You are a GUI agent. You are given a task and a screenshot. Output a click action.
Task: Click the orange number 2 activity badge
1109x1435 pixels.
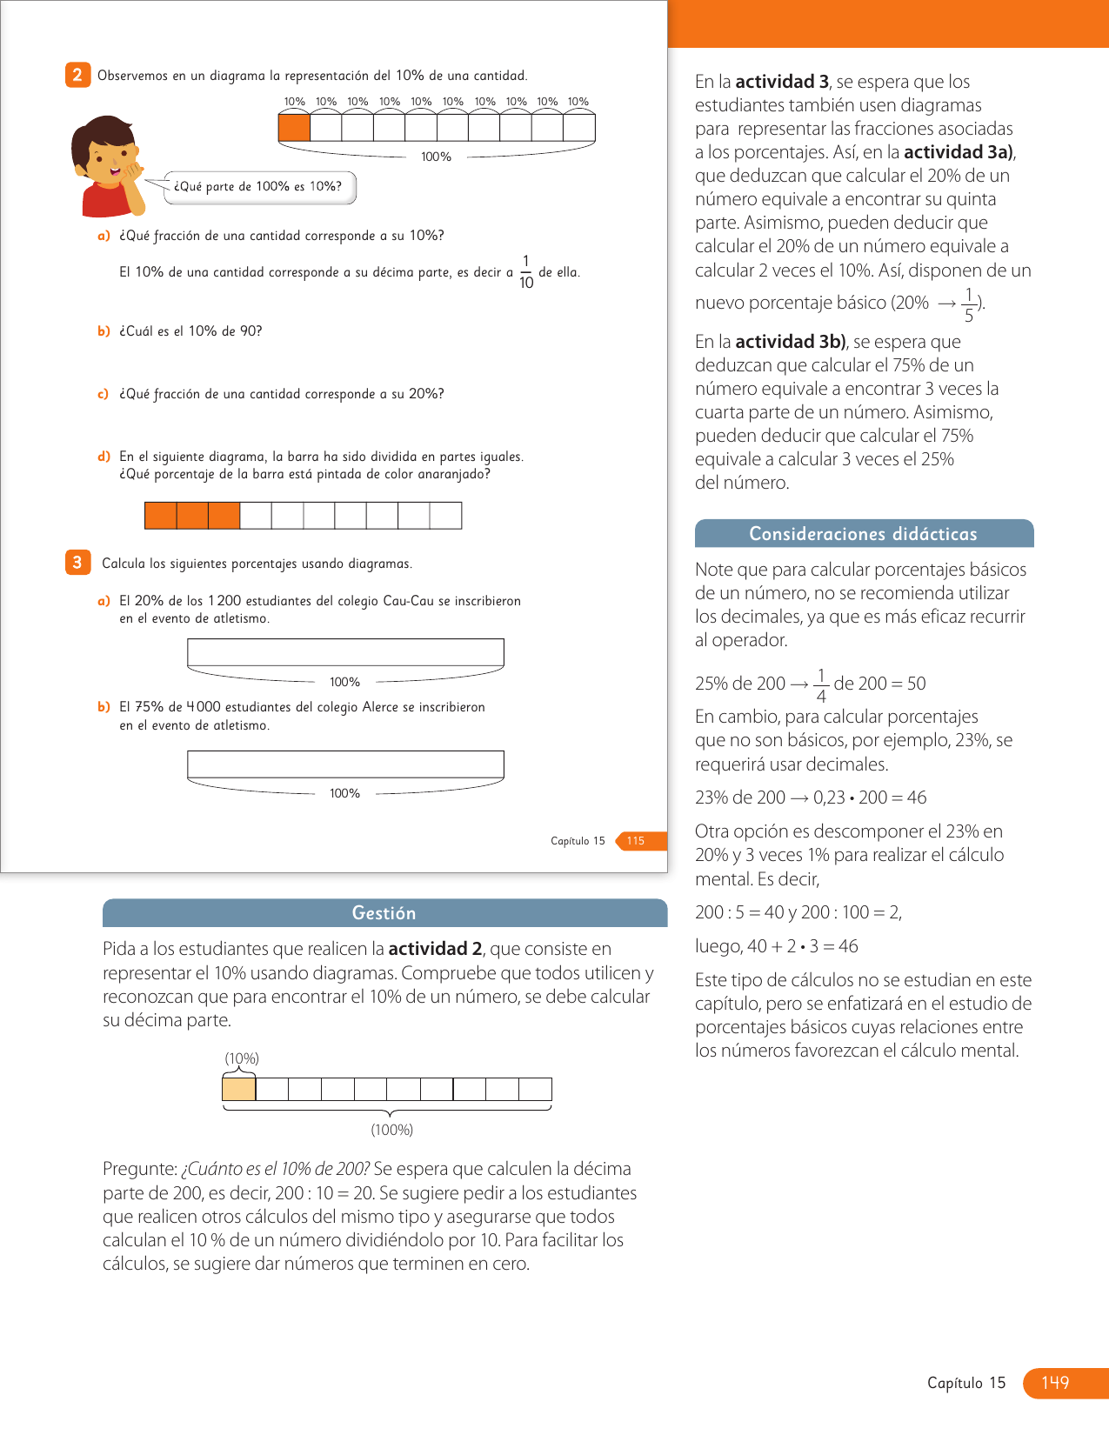click(77, 75)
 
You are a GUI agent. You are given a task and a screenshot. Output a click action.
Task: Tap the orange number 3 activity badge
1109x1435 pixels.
click(77, 563)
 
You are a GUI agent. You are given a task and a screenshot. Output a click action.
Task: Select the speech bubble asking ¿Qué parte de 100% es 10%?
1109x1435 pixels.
click(259, 187)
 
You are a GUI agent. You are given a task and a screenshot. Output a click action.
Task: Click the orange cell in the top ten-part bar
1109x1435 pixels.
click(294, 127)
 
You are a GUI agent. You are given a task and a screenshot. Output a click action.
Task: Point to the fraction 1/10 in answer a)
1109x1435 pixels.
click(526, 272)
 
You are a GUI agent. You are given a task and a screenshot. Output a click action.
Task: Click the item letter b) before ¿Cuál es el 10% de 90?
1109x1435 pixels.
click(104, 331)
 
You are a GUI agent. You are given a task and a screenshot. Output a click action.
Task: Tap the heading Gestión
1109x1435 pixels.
click(384, 913)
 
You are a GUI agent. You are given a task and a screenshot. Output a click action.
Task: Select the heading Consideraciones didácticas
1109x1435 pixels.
click(863, 534)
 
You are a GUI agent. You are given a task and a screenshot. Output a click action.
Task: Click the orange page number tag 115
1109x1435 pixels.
click(638, 841)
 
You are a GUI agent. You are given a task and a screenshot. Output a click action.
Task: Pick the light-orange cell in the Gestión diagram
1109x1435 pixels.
click(239, 1089)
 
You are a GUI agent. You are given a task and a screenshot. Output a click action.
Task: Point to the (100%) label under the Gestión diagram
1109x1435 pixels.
click(391, 1130)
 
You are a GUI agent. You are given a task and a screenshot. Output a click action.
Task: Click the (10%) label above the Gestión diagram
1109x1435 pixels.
click(242, 1058)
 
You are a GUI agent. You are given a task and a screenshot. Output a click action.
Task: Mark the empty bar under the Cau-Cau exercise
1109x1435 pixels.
click(345, 652)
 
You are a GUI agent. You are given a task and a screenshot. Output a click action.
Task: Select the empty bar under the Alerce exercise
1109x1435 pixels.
click(345, 764)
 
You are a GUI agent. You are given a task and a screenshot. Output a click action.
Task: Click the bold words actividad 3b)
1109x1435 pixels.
click(790, 342)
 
